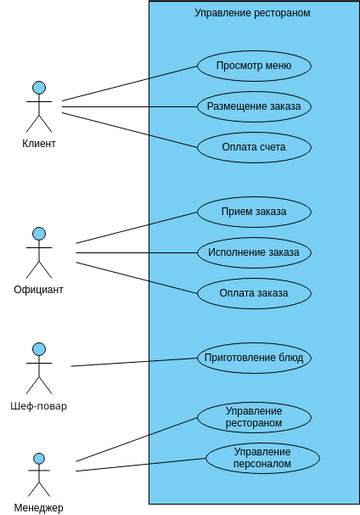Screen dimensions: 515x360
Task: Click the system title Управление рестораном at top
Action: (252, 13)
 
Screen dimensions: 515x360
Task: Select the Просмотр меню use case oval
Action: (253, 66)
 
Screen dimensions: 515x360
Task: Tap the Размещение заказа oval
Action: (253, 106)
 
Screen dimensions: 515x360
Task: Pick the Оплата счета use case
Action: (253, 147)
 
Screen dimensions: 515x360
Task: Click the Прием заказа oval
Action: (253, 212)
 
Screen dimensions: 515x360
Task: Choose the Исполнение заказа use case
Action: (253, 252)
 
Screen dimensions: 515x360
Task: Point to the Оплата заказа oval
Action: (253, 293)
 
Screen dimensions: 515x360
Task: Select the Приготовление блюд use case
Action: (253, 358)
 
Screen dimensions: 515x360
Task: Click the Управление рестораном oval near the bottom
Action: (253, 417)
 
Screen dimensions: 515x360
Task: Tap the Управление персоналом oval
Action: (262, 458)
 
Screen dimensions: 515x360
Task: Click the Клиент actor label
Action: (39, 144)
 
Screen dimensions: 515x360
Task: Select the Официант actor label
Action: (39, 290)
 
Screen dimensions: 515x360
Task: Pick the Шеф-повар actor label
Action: (39, 406)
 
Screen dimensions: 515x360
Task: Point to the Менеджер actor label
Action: (39, 507)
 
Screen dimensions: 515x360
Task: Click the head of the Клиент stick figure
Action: (39, 88)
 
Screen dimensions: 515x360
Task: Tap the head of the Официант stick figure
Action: (39, 234)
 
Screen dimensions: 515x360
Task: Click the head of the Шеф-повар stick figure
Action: (39, 349)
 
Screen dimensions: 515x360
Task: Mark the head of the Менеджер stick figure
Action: (39, 459)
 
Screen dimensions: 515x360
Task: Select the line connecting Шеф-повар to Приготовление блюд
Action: (133, 362)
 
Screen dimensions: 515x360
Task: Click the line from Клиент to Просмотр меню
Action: (130, 83)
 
